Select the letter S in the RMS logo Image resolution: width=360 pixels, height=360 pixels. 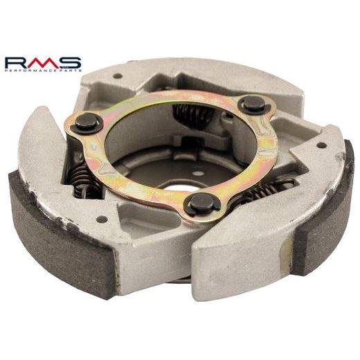coord(70,63)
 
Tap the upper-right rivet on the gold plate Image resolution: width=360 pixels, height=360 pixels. coord(254,105)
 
